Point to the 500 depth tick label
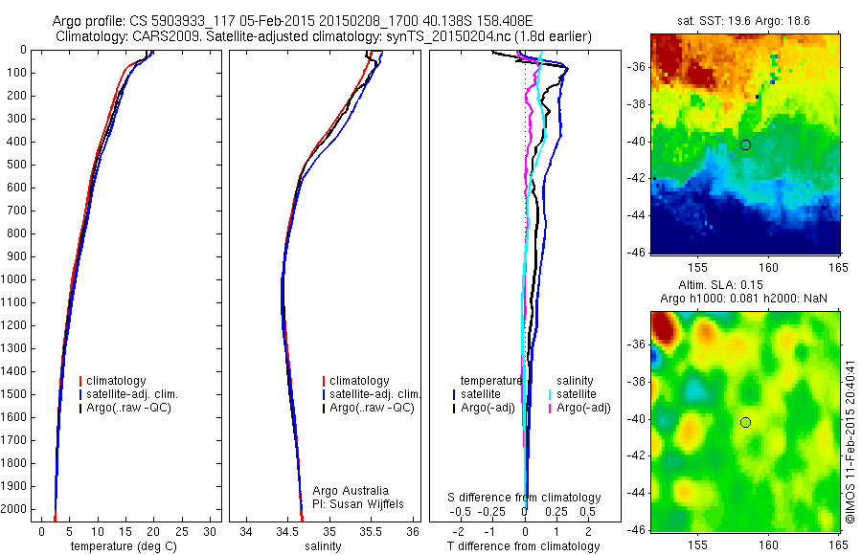pyautogui.click(x=18, y=165)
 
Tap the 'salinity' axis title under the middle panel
pyautogui.click(x=322, y=546)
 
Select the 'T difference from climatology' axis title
pyautogui.click(x=523, y=546)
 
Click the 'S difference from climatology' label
pyautogui.click(x=525, y=498)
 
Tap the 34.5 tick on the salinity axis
pyautogui.click(x=287, y=531)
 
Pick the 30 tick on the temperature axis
pyautogui.click(x=211, y=531)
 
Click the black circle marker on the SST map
pyautogui.click(x=745, y=144)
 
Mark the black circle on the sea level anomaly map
pyautogui.click(x=745, y=422)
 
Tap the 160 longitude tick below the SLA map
pyautogui.click(x=768, y=544)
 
